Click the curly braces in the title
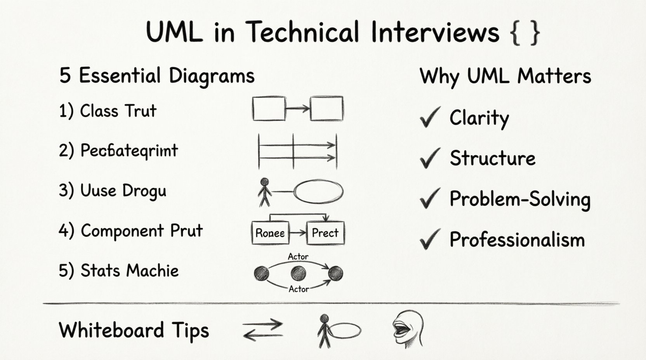tap(524, 33)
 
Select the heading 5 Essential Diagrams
tap(157, 76)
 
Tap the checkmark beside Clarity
tap(430, 117)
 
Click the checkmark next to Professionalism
tap(430, 239)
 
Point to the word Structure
tap(492, 158)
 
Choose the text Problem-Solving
tap(519, 199)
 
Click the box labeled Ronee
tap(270, 233)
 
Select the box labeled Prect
tap(325, 233)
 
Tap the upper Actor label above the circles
tap(298, 256)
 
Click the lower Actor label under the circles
tap(299, 289)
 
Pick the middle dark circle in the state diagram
tap(298, 273)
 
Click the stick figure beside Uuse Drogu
tap(265, 192)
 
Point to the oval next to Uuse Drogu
tap(318, 192)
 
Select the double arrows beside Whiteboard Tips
tap(262, 330)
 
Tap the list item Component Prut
tap(131, 231)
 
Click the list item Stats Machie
tap(119, 271)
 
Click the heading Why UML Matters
tap(505, 76)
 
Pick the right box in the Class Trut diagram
tap(326, 109)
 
